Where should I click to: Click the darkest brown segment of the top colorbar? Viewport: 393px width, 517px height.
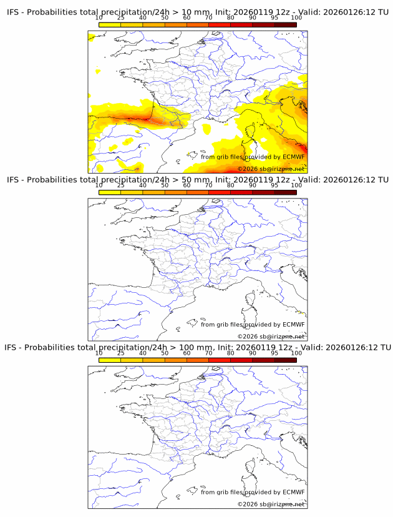(285, 24)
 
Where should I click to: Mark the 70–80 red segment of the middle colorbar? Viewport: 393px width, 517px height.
(220, 192)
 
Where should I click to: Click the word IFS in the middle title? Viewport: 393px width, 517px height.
(14, 180)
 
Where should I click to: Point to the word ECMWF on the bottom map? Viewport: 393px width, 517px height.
(293, 492)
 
